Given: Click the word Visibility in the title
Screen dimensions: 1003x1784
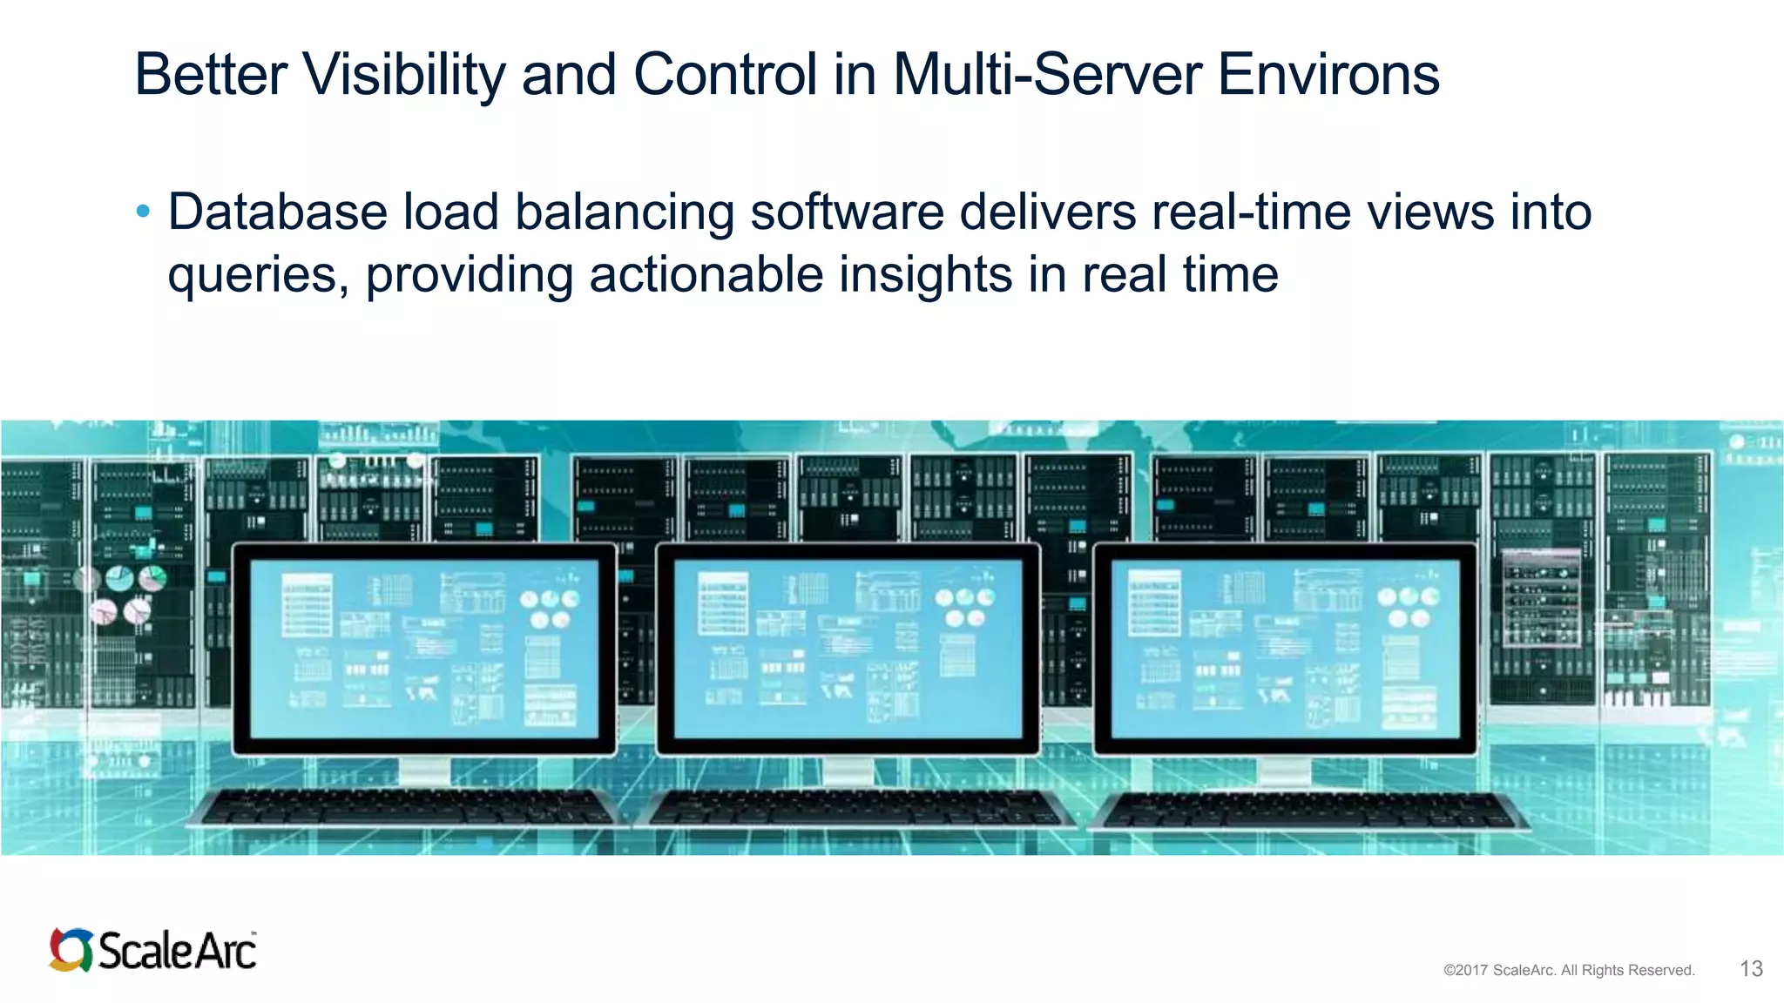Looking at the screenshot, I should [403, 75].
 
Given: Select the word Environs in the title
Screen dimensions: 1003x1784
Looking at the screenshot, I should [1328, 75].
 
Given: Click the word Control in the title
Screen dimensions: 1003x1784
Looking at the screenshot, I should [725, 75].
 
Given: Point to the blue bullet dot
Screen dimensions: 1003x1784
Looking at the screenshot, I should [144, 211].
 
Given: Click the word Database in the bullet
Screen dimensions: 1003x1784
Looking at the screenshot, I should [277, 212].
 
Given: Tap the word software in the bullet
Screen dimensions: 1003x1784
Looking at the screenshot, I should [847, 212].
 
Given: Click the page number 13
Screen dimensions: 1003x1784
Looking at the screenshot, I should [1751, 969].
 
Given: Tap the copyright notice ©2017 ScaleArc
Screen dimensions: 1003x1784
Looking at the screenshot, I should [1568, 970].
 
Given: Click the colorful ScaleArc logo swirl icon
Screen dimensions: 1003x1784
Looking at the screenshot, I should [71, 950].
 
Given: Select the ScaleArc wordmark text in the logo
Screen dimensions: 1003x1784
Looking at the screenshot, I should [177, 951].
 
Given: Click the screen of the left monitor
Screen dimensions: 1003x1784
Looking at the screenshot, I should [424, 648].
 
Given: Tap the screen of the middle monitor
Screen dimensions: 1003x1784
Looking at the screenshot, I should [848, 648].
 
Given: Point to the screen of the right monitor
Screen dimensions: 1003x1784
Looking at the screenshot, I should [1285, 648].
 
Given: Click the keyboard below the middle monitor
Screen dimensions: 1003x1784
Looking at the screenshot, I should [858, 808].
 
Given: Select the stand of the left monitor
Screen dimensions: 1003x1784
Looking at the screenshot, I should [424, 771].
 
